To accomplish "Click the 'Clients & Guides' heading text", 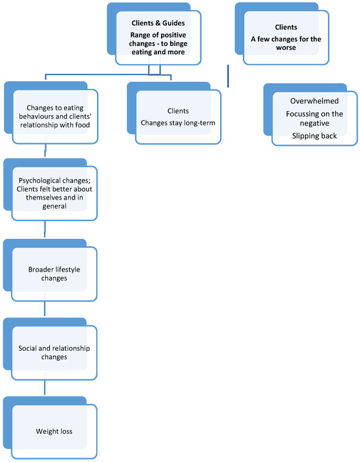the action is [158, 23].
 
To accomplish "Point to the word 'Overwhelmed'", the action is [314, 101].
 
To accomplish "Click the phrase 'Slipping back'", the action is [314, 136].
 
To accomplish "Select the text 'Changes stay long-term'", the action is [178, 123].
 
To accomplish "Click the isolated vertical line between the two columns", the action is [228, 77].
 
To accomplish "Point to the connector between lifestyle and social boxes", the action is [45, 308].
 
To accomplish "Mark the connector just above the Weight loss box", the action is [45, 387].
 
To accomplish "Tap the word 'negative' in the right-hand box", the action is [314, 123].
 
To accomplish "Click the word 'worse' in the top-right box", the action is [286, 47].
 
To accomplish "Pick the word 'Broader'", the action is [39, 270].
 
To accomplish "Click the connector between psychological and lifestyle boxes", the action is [45, 229].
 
